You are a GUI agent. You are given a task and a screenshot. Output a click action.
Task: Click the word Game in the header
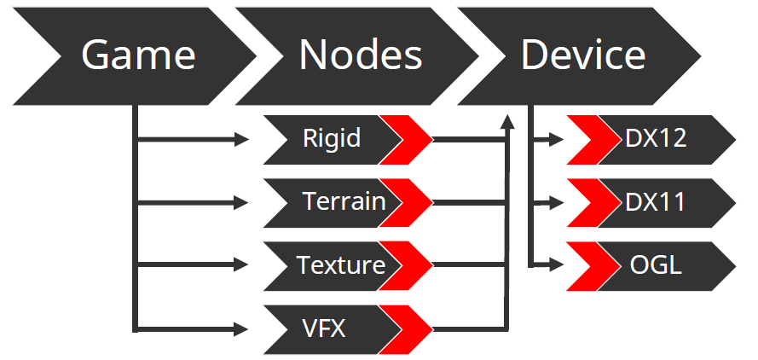pyautogui.click(x=138, y=55)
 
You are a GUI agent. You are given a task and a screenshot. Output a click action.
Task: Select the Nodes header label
pyautogui.click(x=361, y=55)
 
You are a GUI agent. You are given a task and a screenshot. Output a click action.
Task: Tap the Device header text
pyautogui.click(x=583, y=55)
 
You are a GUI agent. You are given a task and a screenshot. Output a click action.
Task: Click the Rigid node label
pyautogui.click(x=332, y=138)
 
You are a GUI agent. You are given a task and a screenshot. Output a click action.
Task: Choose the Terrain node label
pyautogui.click(x=344, y=201)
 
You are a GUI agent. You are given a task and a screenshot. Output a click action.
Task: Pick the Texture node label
pyautogui.click(x=341, y=265)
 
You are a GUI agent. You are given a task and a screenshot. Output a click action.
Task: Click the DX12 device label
pyautogui.click(x=656, y=138)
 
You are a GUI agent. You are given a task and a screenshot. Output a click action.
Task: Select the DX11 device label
pyautogui.click(x=655, y=202)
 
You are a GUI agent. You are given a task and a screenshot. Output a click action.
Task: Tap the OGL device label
pyautogui.click(x=656, y=265)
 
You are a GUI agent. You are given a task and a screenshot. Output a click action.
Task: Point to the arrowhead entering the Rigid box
pyautogui.click(x=241, y=140)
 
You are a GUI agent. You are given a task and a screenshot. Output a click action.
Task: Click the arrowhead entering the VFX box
pyautogui.click(x=241, y=329)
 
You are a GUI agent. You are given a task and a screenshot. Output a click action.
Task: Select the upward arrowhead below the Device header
pyautogui.click(x=507, y=122)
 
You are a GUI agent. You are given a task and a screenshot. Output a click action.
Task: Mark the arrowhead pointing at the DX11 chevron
pyautogui.click(x=557, y=203)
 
